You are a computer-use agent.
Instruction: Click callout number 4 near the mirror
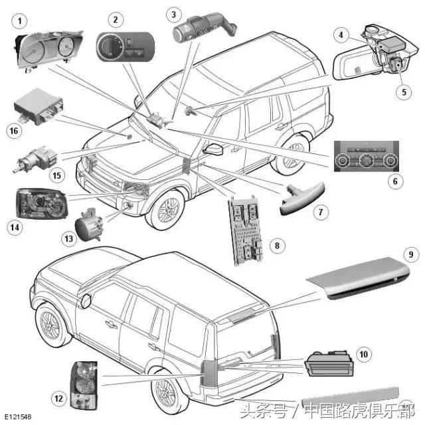tap(341, 35)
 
